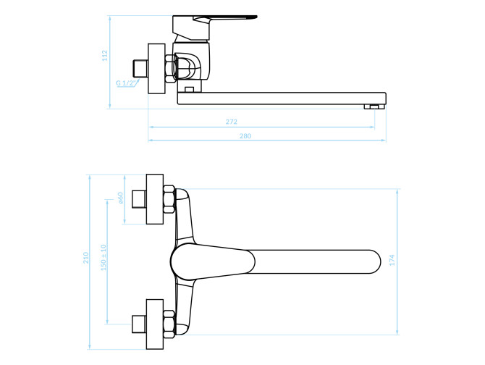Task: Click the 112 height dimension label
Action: point(105,55)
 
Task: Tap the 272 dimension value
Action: point(232,122)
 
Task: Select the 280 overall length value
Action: point(245,136)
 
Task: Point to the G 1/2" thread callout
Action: point(126,83)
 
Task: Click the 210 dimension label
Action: point(85,258)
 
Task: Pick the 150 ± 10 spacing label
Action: point(104,258)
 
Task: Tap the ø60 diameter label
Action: point(120,198)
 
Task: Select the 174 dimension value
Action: point(392,260)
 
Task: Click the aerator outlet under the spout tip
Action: point(374,106)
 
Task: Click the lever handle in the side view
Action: point(215,28)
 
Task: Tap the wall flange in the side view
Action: point(156,68)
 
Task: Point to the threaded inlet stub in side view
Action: point(140,68)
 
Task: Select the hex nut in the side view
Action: point(170,68)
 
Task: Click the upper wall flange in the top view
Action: point(155,199)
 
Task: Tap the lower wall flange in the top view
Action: point(155,324)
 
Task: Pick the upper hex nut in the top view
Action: point(169,199)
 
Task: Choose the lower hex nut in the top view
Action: point(169,324)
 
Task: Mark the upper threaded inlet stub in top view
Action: point(139,199)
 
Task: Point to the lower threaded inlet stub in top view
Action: point(139,324)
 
